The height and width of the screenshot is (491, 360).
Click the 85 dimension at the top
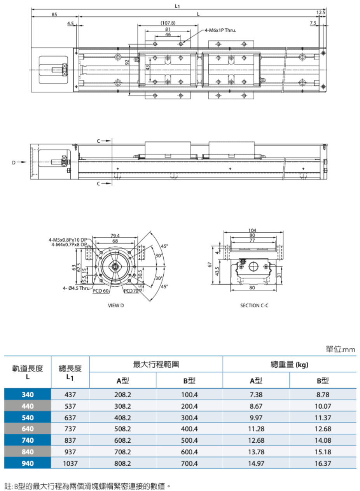tap(54, 15)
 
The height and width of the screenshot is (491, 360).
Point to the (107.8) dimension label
tap(168, 23)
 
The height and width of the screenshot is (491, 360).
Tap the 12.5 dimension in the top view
tap(321, 13)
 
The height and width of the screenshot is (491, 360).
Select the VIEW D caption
tap(116, 305)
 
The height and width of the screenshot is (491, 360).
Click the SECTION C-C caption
tap(255, 305)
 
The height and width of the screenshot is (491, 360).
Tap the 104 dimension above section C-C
tap(252, 230)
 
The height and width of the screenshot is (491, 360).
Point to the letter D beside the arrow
tap(14, 162)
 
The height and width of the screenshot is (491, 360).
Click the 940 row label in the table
tap(28, 463)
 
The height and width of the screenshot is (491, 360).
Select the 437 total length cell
tap(70, 395)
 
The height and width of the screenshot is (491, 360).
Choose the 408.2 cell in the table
tap(123, 417)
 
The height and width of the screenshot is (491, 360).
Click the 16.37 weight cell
tap(323, 463)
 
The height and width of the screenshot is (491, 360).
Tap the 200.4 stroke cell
tap(190, 406)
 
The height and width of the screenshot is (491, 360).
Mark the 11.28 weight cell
tap(256, 429)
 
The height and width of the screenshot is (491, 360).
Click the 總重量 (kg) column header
tap(289, 365)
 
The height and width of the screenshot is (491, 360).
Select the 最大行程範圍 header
tap(156, 365)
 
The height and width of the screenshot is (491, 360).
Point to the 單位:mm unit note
tap(340, 349)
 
